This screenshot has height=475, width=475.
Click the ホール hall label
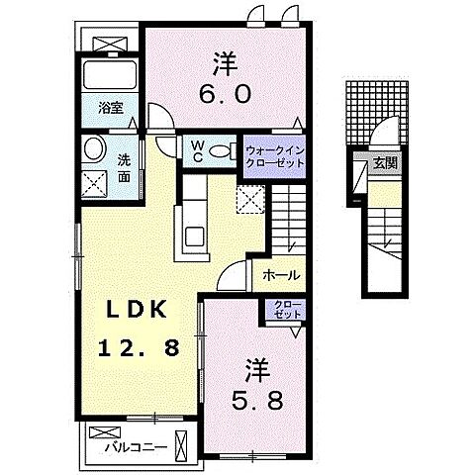(281, 276)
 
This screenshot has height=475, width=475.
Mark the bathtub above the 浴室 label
(112, 75)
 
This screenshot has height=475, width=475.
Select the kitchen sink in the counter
(192, 236)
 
